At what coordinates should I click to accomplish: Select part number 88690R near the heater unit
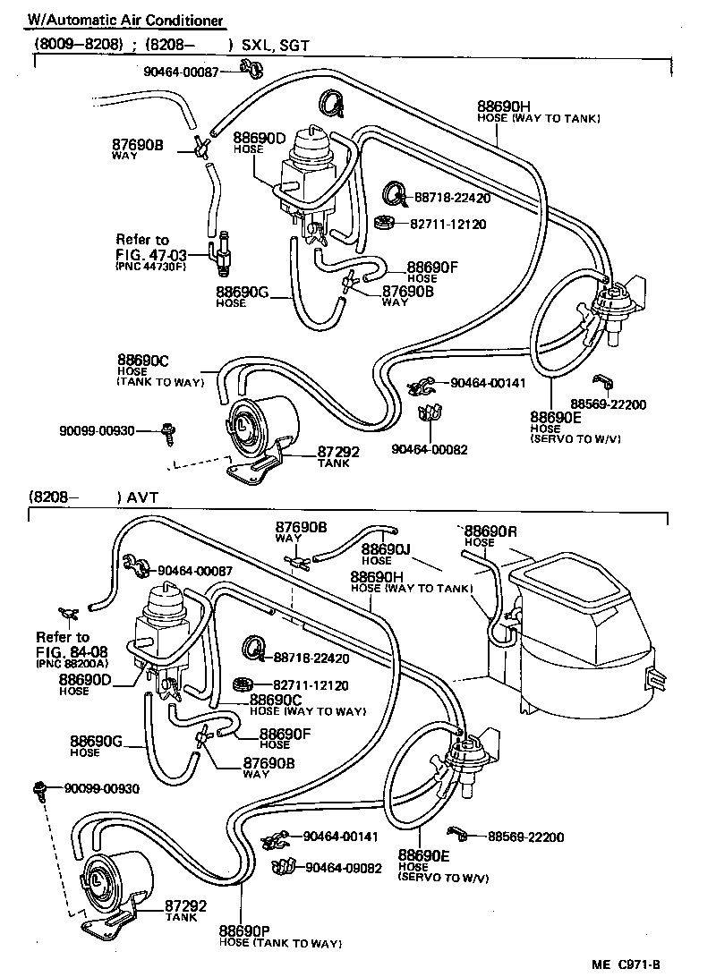coord(490,531)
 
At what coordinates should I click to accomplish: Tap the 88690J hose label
coord(385,548)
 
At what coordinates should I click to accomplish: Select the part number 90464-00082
coord(430,449)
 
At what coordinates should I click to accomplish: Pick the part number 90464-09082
coord(344,867)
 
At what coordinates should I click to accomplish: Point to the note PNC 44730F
coord(150,267)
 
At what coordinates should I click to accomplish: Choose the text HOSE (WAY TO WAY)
coord(308,711)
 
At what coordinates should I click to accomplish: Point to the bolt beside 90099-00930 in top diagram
coord(167,432)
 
